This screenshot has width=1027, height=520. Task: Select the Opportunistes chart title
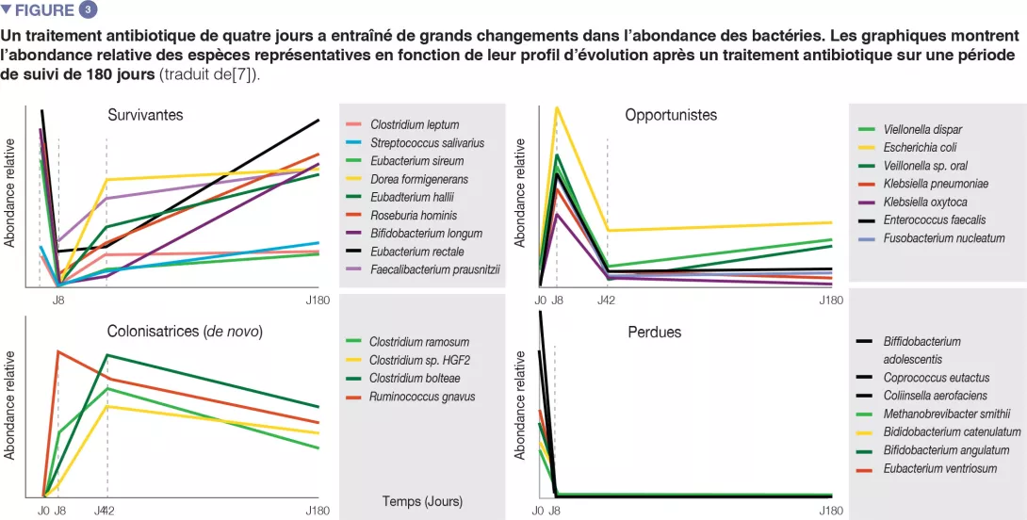671,115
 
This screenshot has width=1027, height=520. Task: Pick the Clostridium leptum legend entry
415,124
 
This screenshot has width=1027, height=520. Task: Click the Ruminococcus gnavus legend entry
422,397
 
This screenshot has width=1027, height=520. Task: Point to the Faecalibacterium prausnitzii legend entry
434,268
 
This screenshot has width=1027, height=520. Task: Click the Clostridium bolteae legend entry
416,378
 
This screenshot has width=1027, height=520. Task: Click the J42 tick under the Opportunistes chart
607,301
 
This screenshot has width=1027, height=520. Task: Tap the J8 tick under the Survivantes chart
58,301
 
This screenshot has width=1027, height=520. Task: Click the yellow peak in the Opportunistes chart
557,107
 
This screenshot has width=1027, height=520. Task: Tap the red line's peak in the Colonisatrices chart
58,351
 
